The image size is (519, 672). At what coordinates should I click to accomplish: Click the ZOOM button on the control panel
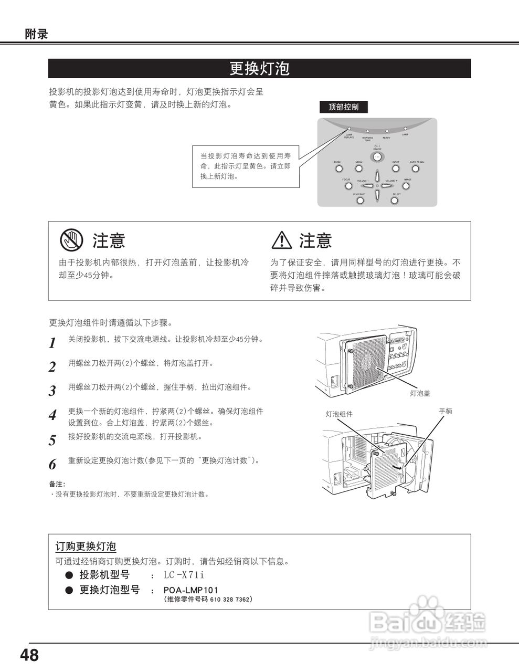[x=339, y=169]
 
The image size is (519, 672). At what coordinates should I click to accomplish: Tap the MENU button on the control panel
[x=359, y=169]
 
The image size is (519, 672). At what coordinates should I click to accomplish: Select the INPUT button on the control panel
[x=396, y=169]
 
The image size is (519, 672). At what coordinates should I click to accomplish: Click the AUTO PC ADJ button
[x=416, y=169]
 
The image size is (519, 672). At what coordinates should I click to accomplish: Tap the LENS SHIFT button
[x=360, y=200]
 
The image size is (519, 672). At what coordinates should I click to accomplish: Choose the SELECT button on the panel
[x=395, y=200]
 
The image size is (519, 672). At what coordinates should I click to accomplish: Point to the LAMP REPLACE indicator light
[x=349, y=128]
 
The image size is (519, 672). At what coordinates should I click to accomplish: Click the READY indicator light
[x=387, y=131]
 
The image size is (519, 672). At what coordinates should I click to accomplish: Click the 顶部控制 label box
[x=344, y=107]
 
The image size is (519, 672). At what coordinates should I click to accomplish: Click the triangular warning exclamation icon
[x=282, y=240]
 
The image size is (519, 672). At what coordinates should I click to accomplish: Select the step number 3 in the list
[x=52, y=391]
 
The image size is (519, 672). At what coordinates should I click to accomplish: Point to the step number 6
[x=52, y=465]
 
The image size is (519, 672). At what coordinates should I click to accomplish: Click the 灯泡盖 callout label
[x=420, y=393]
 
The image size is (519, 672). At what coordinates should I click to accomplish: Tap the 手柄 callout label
[x=445, y=411]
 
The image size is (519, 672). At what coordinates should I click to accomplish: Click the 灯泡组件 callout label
[x=339, y=414]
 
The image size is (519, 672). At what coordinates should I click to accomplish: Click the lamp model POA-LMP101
[x=190, y=590]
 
